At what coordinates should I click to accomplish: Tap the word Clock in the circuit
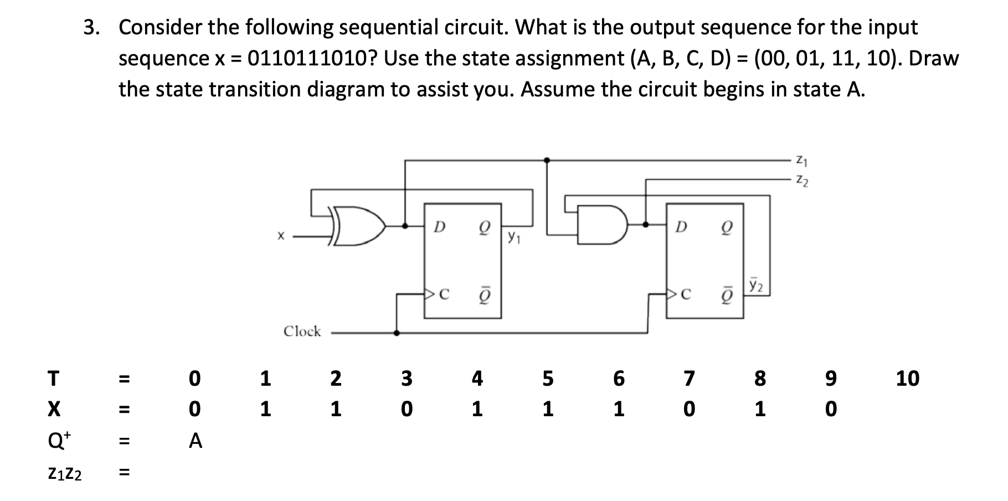click(302, 331)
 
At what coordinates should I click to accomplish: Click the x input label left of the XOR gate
click(281, 237)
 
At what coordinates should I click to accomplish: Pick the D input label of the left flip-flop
click(439, 227)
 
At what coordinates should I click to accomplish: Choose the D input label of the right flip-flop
click(682, 227)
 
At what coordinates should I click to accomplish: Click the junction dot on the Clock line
click(396, 333)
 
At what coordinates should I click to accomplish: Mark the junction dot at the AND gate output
click(646, 225)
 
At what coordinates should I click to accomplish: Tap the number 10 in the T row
click(907, 379)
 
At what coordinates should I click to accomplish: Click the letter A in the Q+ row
click(195, 441)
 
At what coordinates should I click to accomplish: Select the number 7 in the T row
click(688, 379)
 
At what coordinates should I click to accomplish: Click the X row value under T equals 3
click(407, 410)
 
